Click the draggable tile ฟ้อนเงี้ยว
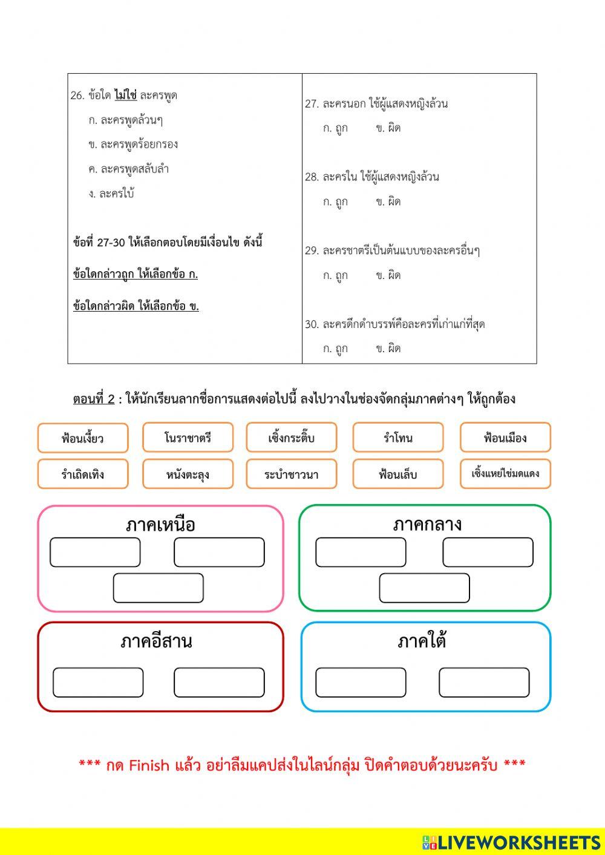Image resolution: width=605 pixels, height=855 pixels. click(83, 438)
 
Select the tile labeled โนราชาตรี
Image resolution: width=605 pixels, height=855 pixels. click(188, 437)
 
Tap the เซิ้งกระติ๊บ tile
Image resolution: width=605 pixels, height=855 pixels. click(292, 437)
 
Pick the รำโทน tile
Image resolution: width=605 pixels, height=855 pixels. click(397, 437)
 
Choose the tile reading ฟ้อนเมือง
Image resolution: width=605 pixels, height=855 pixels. click(505, 437)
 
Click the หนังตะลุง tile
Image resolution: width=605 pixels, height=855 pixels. click(188, 474)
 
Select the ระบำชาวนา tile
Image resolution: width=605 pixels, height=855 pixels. click(292, 474)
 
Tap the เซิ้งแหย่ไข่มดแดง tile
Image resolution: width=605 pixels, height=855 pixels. click(505, 474)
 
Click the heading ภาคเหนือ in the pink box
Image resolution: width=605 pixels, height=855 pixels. click(160, 525)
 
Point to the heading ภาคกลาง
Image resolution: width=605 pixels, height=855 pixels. click(427, 524)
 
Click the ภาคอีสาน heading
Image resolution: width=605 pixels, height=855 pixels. click(156, 641)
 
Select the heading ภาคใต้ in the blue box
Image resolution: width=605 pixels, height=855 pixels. click(422, 641)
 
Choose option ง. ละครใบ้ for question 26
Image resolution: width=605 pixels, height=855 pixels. click(111, 194)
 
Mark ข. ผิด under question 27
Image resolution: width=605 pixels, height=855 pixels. click(388, 128)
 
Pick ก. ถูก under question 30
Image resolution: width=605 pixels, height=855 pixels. click(335, 349)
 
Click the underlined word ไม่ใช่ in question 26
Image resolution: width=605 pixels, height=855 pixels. click(125, 95)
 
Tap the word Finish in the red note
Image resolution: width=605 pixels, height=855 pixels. click(149, 765)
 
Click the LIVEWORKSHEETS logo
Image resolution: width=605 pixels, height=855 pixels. click(511, 842)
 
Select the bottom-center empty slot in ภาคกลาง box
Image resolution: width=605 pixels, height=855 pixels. click(424, 588)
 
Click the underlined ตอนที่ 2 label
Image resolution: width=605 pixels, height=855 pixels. click(94, 399)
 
